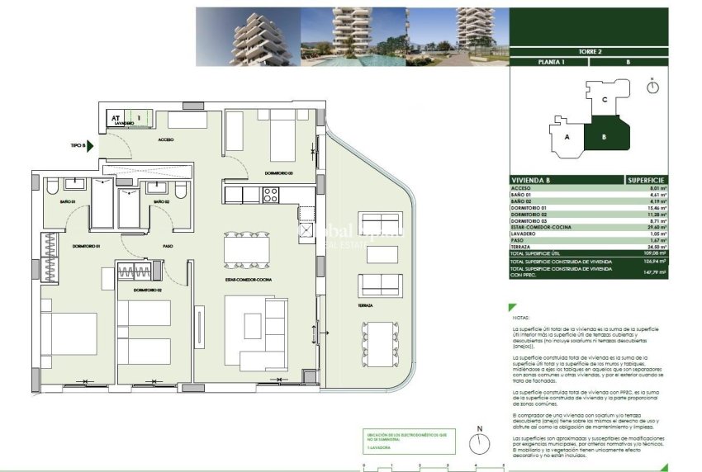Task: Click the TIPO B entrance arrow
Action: click(91, 146)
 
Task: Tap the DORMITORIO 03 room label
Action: click(279, 173)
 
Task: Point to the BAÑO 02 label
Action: click(160, 201)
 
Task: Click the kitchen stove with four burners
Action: click(270, 195)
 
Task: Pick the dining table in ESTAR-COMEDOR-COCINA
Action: click(247, 248)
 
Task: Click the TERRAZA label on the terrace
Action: click(365, 305)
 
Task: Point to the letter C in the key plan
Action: click(605, 100)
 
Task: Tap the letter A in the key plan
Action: click(567, 138)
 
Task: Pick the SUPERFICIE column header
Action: click(646, 179)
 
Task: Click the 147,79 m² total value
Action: click(656, 272)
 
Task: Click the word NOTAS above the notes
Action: click(520, 316)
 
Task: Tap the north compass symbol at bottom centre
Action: click(479, 442)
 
